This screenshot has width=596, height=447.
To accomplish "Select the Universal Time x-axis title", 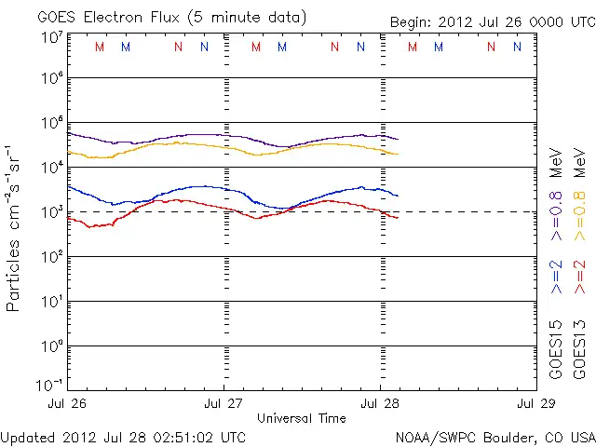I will [x=301, y=418].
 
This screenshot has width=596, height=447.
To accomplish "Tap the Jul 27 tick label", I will [x=223, y=404].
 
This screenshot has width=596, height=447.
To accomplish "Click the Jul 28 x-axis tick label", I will [x=380, y=404].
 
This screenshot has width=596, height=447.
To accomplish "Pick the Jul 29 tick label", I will [x=535, y=404].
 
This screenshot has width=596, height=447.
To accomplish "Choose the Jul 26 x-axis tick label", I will [x=69, y=404].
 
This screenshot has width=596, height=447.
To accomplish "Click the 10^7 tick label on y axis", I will [x=51, y=36].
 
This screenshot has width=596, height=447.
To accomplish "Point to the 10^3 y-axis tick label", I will [x=51, y=210].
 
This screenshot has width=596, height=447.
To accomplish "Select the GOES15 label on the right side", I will [x=556, y=349].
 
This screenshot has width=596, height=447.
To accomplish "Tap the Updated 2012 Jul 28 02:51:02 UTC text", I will [x=123, y=436].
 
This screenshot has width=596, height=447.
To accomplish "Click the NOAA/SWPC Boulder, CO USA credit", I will [x=494, y=436].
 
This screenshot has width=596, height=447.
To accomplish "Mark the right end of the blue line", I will [x=398, y=196].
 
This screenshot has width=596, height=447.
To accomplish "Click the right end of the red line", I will [x=398, y=218].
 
